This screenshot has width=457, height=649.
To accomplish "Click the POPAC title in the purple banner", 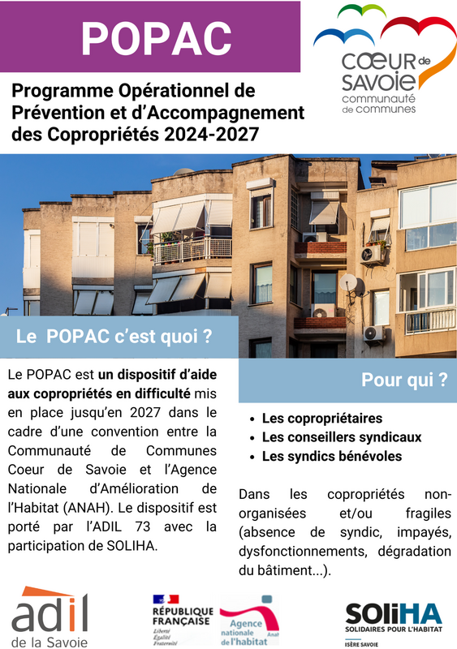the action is tap(157, 37).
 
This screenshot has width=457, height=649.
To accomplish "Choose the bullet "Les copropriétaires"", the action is tap(321, 419).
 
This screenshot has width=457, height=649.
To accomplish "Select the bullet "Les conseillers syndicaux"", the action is tap(341, 437).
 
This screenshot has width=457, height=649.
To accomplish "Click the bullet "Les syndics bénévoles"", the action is tap(331, 456).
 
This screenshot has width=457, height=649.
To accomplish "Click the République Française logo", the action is tap(182, 617).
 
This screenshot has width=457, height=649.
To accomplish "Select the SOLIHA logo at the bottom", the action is tap(393, 617).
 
